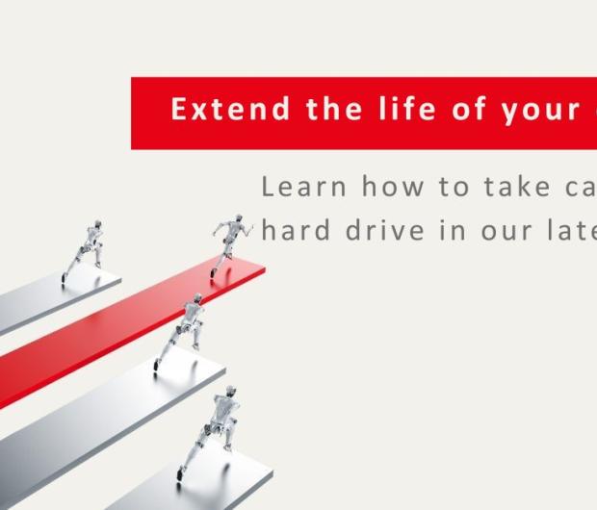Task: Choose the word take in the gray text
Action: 496,186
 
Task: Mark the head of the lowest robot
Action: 228,395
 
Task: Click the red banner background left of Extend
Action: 149,113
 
